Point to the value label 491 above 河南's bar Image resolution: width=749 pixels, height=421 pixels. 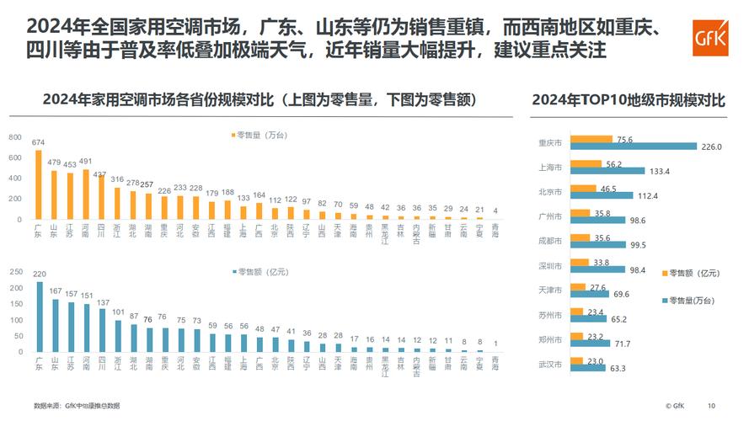pos(85,162)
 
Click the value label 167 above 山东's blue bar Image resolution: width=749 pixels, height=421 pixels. pos(55,291)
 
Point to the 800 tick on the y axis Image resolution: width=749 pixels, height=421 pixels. pos(15,137)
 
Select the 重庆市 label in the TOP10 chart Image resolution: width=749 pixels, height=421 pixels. pos(550,142)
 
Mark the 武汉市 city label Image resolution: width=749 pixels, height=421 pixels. pos(550,363)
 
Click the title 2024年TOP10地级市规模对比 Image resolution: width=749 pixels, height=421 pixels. pos(628,100)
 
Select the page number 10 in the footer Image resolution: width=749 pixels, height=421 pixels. pos(711,405)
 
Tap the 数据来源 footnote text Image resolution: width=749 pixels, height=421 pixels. pos(77,405)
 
